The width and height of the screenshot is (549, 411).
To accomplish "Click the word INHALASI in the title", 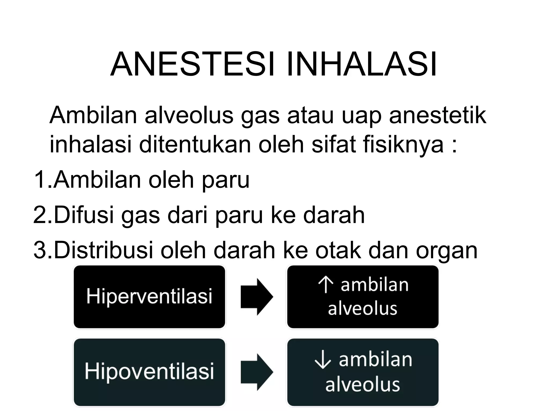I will (362, 65).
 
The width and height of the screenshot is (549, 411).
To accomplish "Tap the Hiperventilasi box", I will (149, 297).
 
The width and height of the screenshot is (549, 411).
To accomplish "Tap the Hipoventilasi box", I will (149, 372).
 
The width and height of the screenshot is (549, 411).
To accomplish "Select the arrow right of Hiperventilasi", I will (256, 297).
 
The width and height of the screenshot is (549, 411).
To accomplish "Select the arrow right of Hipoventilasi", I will (256, 372).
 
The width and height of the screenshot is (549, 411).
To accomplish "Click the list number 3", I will (40, 250).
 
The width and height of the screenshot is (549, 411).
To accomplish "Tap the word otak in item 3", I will (338, 250).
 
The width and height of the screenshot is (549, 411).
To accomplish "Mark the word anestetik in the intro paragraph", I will (437, 116).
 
